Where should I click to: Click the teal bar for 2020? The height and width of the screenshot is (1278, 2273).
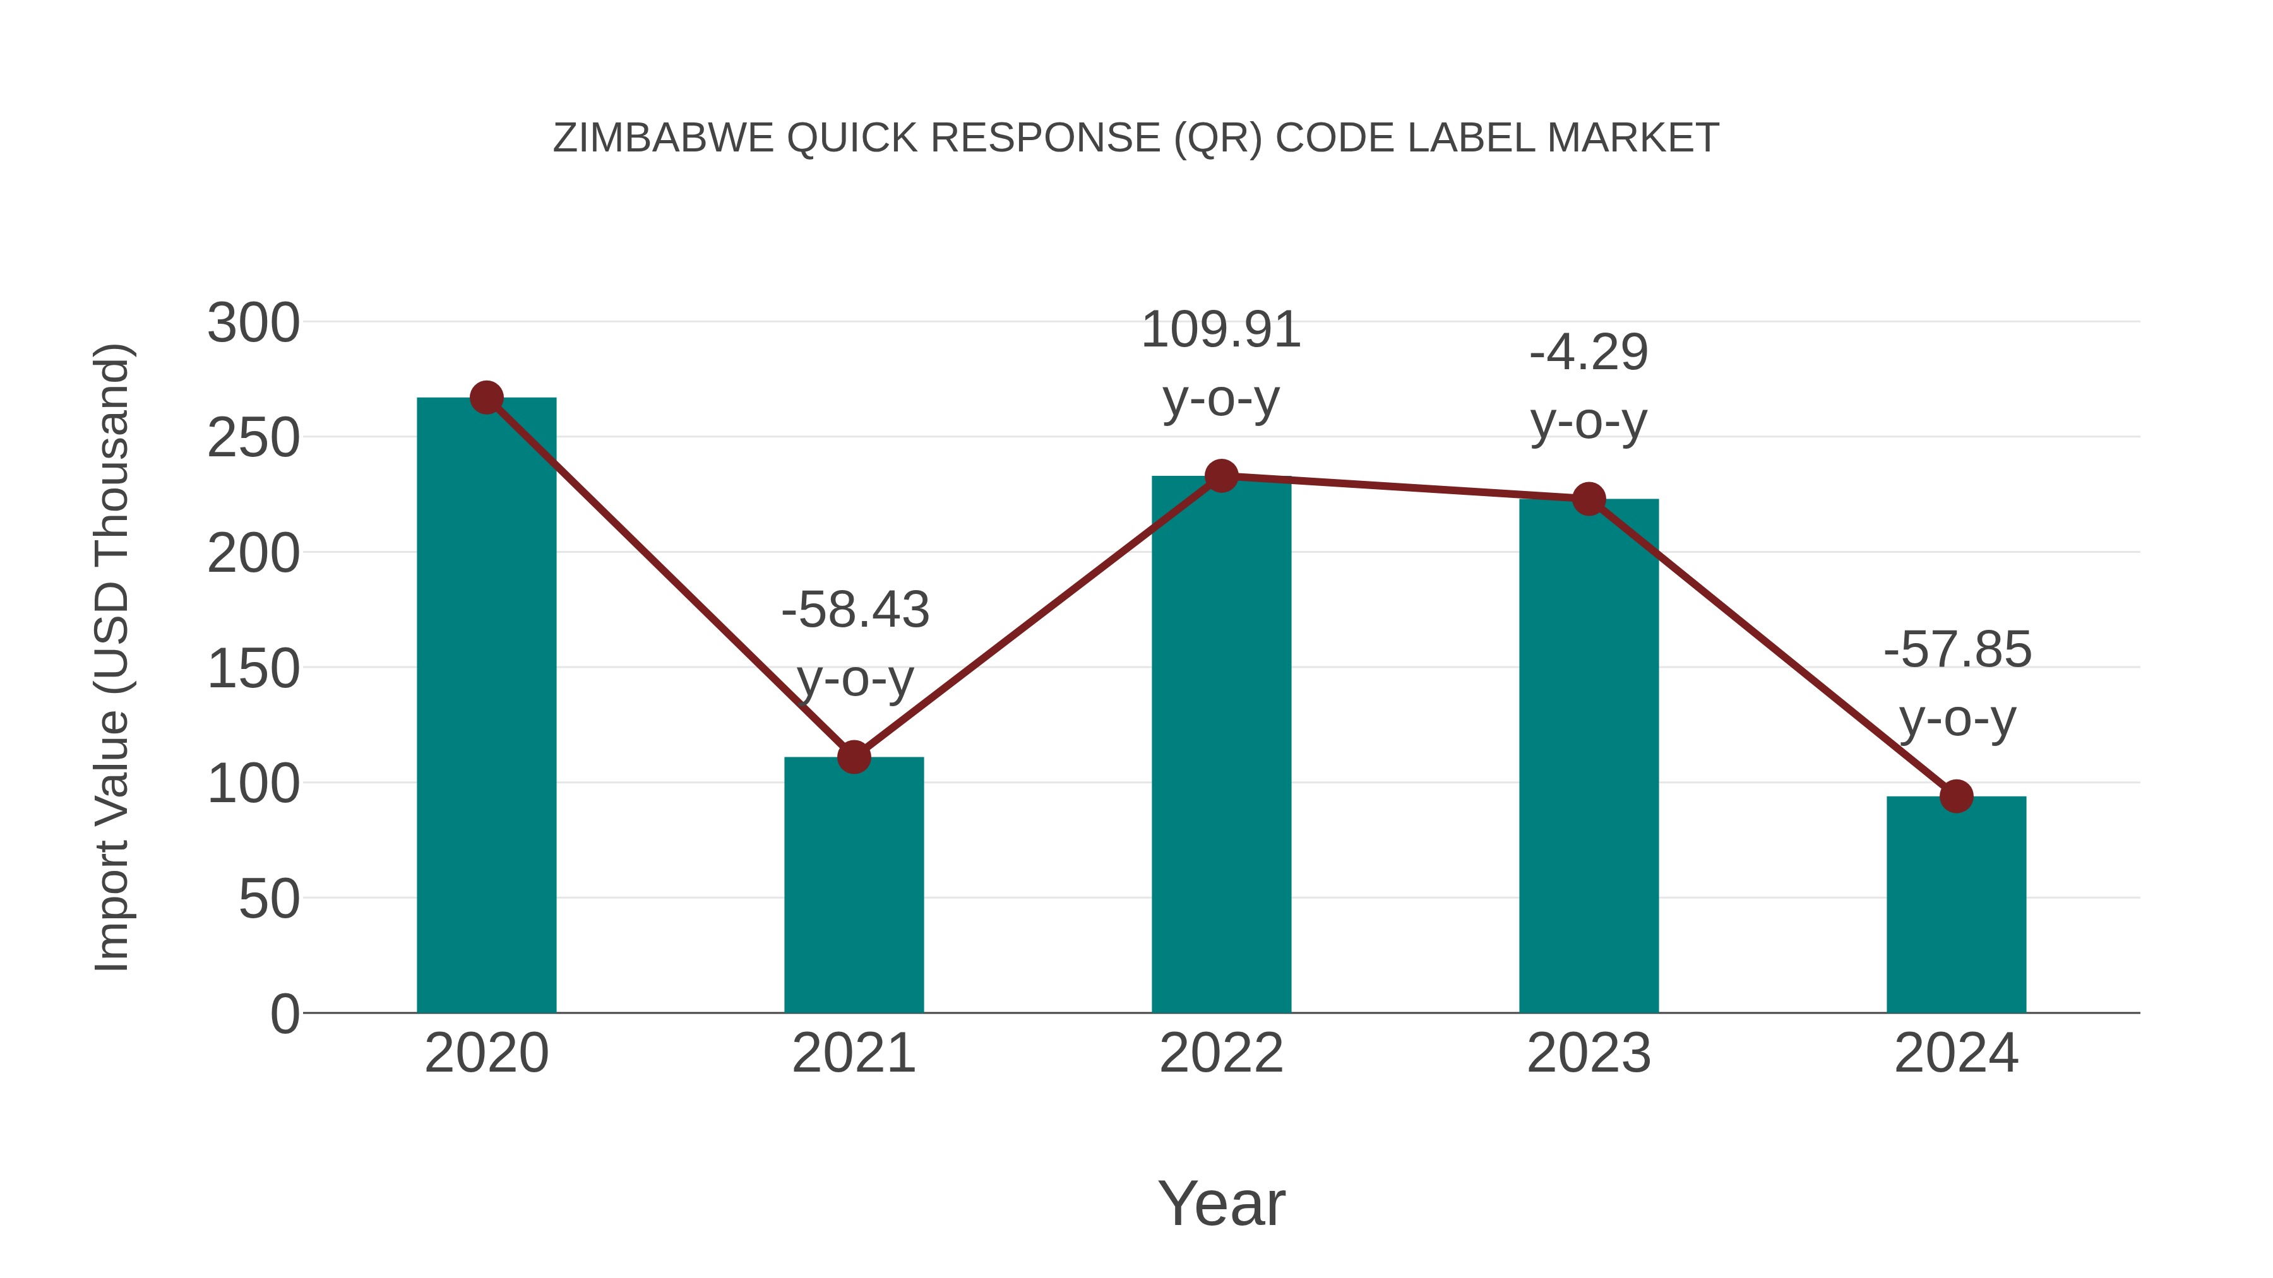coord(486,706)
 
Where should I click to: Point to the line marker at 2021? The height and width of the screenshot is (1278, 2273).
coord(853,757)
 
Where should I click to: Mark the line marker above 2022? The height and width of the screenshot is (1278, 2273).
coord(1221,476)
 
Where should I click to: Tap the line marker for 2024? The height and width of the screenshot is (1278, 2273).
coord(1956,796)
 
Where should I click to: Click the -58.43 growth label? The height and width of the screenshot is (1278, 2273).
coord(855,610)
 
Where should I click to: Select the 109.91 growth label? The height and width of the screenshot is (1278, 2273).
coord(1221,331)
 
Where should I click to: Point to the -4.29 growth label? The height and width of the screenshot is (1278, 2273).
coord(1589,353)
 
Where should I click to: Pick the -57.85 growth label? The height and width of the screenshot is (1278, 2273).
coord(1957,650)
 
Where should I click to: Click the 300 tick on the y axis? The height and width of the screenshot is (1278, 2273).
coord(253,322)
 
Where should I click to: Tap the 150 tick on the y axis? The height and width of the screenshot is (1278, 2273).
coord(253,668)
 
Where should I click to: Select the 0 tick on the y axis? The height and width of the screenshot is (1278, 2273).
coord(284,1014)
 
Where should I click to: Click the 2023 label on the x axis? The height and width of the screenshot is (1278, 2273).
coord(1589,1053)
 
